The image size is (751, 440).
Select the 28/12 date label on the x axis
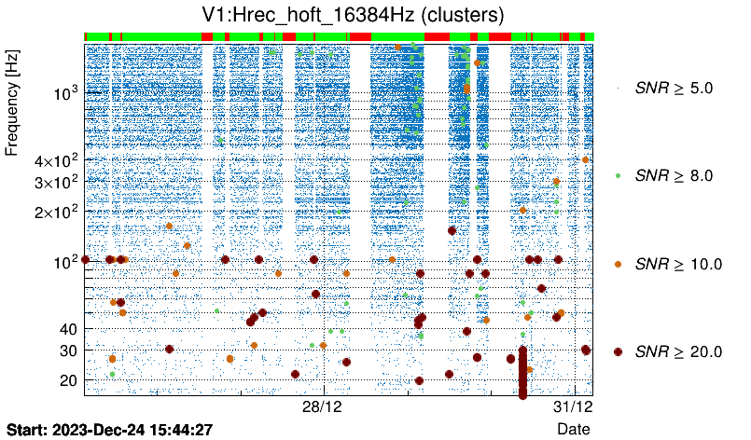click(324, 408)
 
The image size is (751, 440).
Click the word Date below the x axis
click(573, 429)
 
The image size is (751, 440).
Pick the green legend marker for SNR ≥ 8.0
click(619, 175)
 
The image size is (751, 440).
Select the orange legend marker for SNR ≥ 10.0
click(619, 264)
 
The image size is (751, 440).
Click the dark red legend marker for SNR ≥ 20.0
click(619, 351)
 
